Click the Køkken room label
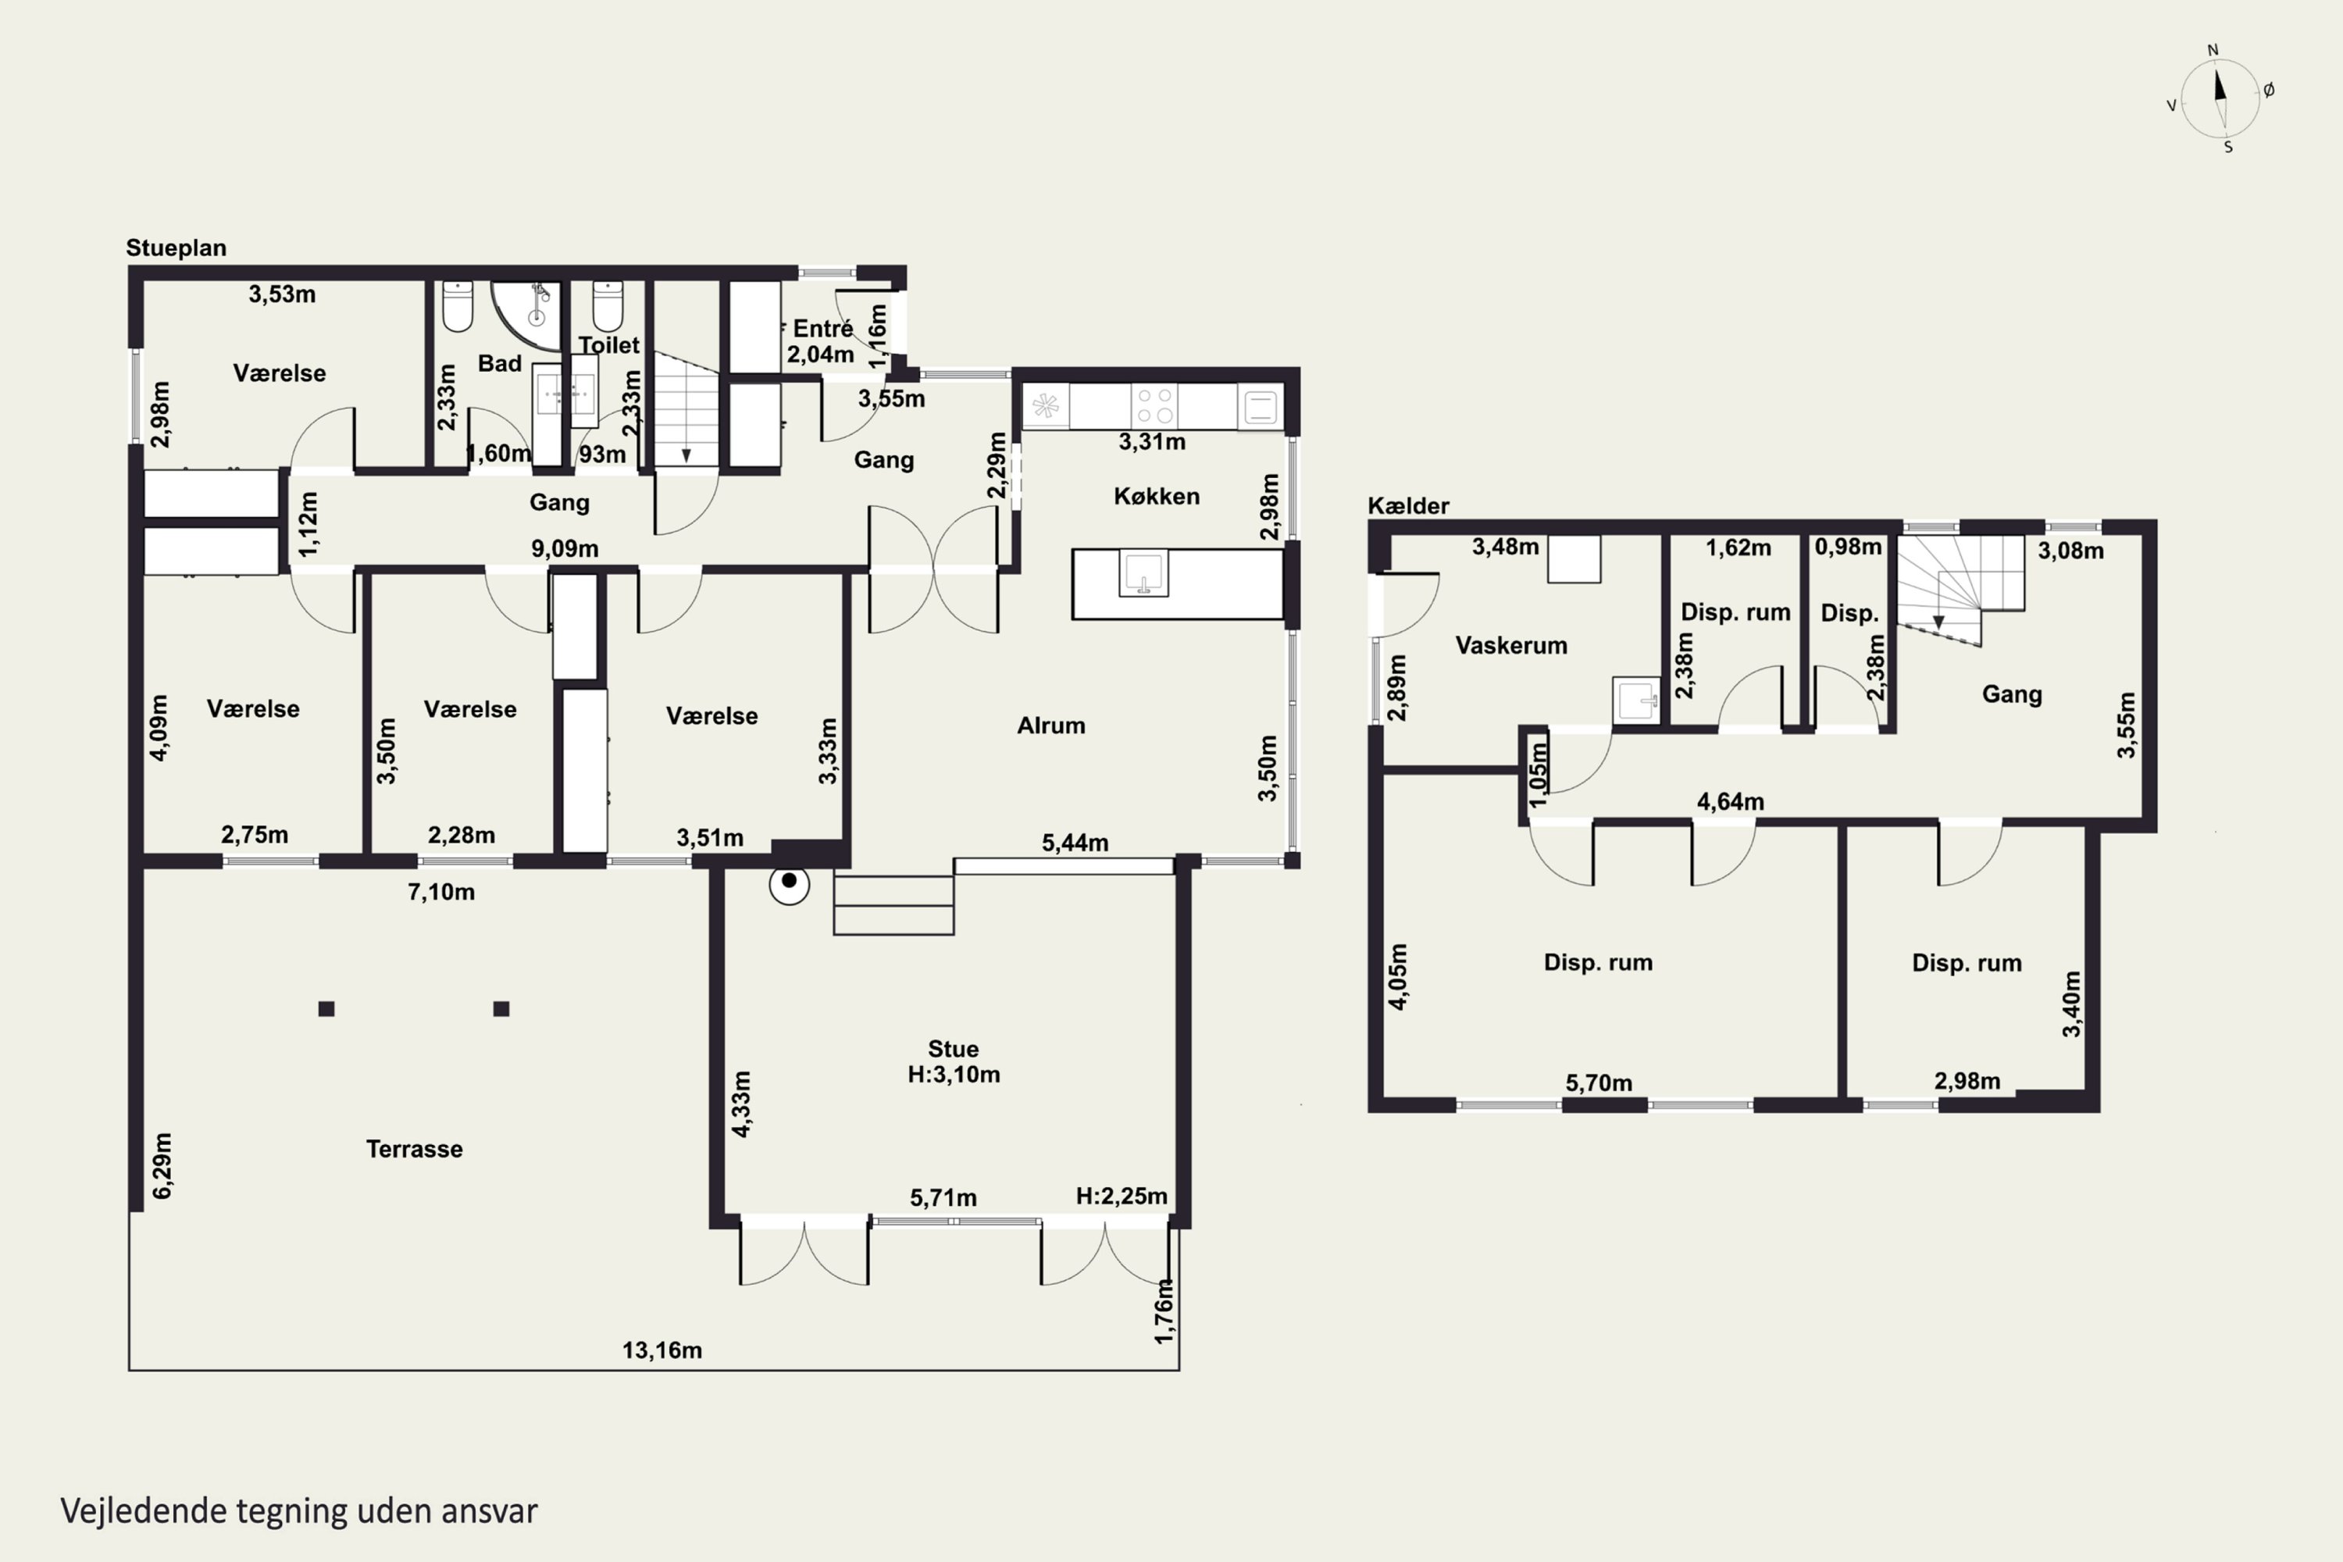tap(1157, 496)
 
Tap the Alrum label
tap(1051, 726)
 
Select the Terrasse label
tap(415, 1149)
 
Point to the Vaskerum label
tap(1511, 646)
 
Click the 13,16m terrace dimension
tap(662, 1351)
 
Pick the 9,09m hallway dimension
tap(565, 549)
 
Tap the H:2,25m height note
tap(1122, 1196)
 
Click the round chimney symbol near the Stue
tap(789, 883)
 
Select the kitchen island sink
tap(1143, 574)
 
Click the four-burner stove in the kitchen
tap(1154, 406)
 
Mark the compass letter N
tap(2213, 50)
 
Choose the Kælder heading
tap(1409, 505)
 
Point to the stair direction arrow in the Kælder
tap(1938, 622)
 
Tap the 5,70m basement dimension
tap(1599, 1082)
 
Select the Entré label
tap(823, 328)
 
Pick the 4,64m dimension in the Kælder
tap(1731, 801)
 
